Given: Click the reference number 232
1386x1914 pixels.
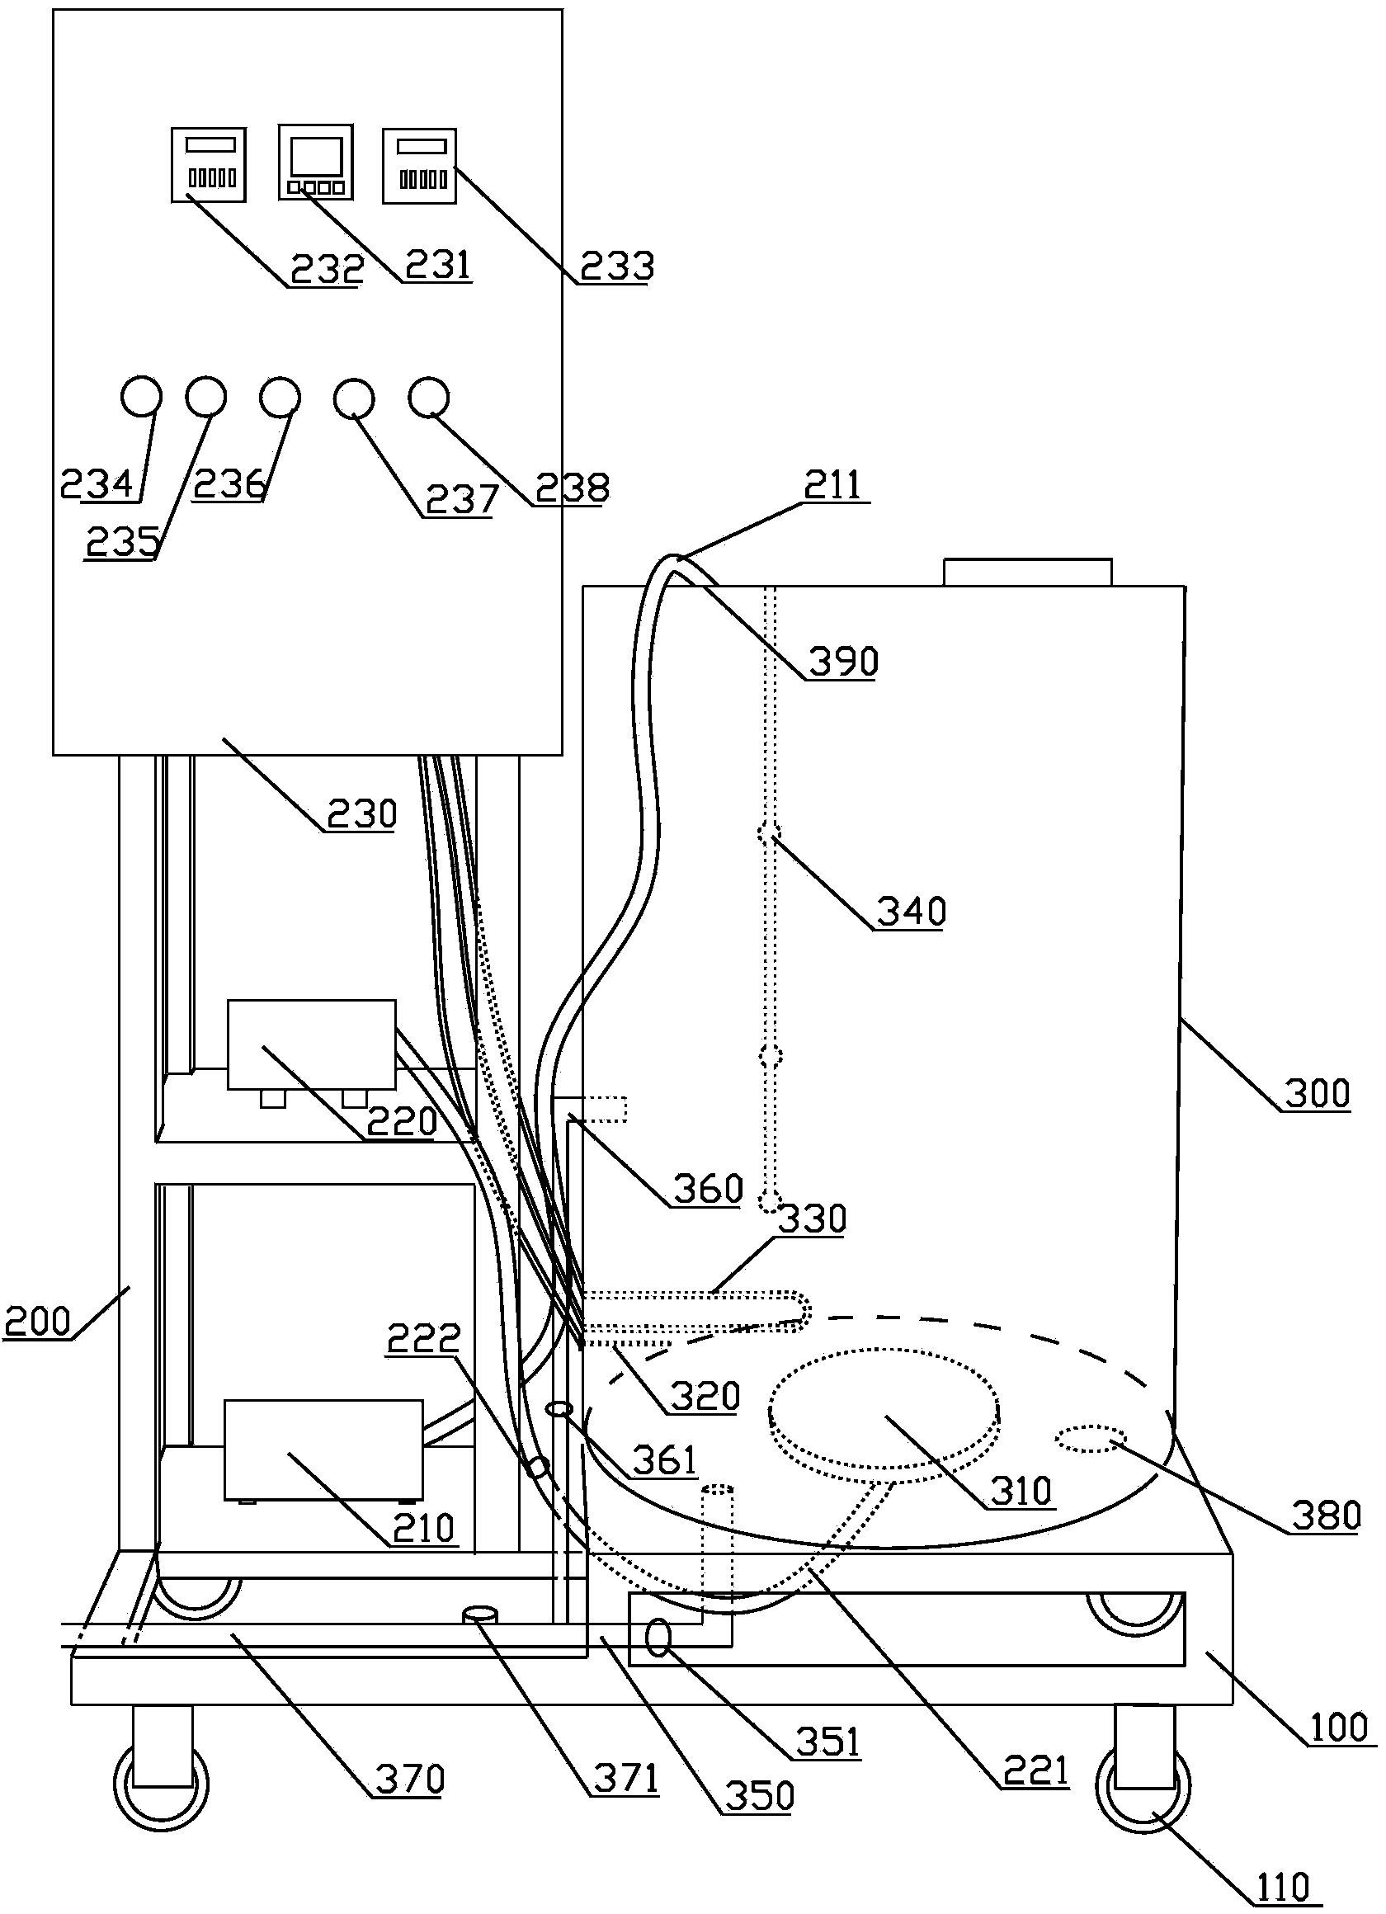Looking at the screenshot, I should [x=327, y=268].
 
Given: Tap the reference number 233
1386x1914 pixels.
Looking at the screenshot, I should [x=616, y=266].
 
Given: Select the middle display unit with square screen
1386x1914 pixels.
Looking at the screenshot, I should [x=316, y=162].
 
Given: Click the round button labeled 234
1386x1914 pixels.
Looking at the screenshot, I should [x=140, y=397].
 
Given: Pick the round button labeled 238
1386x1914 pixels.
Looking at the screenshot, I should [x=428, y=397].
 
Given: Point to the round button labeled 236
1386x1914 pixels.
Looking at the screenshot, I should [x=280, y=397].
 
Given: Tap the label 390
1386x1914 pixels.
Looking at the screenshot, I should [x=843, y=661].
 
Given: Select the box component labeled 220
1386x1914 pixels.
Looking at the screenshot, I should [x=311, y=1044].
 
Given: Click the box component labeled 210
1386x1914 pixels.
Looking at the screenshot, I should [x=323, y=1450].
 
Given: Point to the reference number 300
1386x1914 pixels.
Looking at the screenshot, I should [x=1316, y=1094].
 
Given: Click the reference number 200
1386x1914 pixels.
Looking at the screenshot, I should [x=37, y=1321].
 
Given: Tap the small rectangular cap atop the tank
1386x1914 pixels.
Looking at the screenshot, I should [x=1027, y=572].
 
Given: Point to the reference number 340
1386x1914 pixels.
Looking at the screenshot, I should [x=911, y=912].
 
